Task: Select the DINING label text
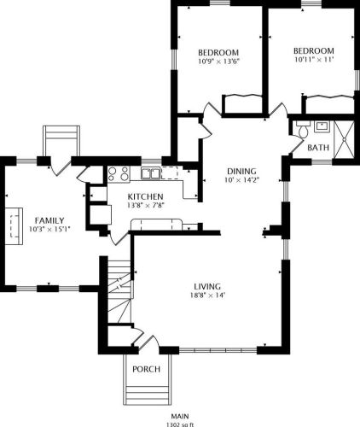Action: pyautogui.click(x=241, y=170)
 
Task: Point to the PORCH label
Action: pyautogui.click(x=146, y=370)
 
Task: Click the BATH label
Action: pyautogui.click(x=318, y=149)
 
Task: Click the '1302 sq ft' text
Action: pyautogui.click(x=180, y=423)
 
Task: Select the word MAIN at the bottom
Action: pyautogui.click(x=180, y=414)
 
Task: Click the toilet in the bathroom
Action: pyautogui.click(x=299, y=128)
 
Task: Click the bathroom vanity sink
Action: pyautogui.click(x=322, y=127)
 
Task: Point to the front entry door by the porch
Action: pyautogui.click(x=144, y=344)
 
